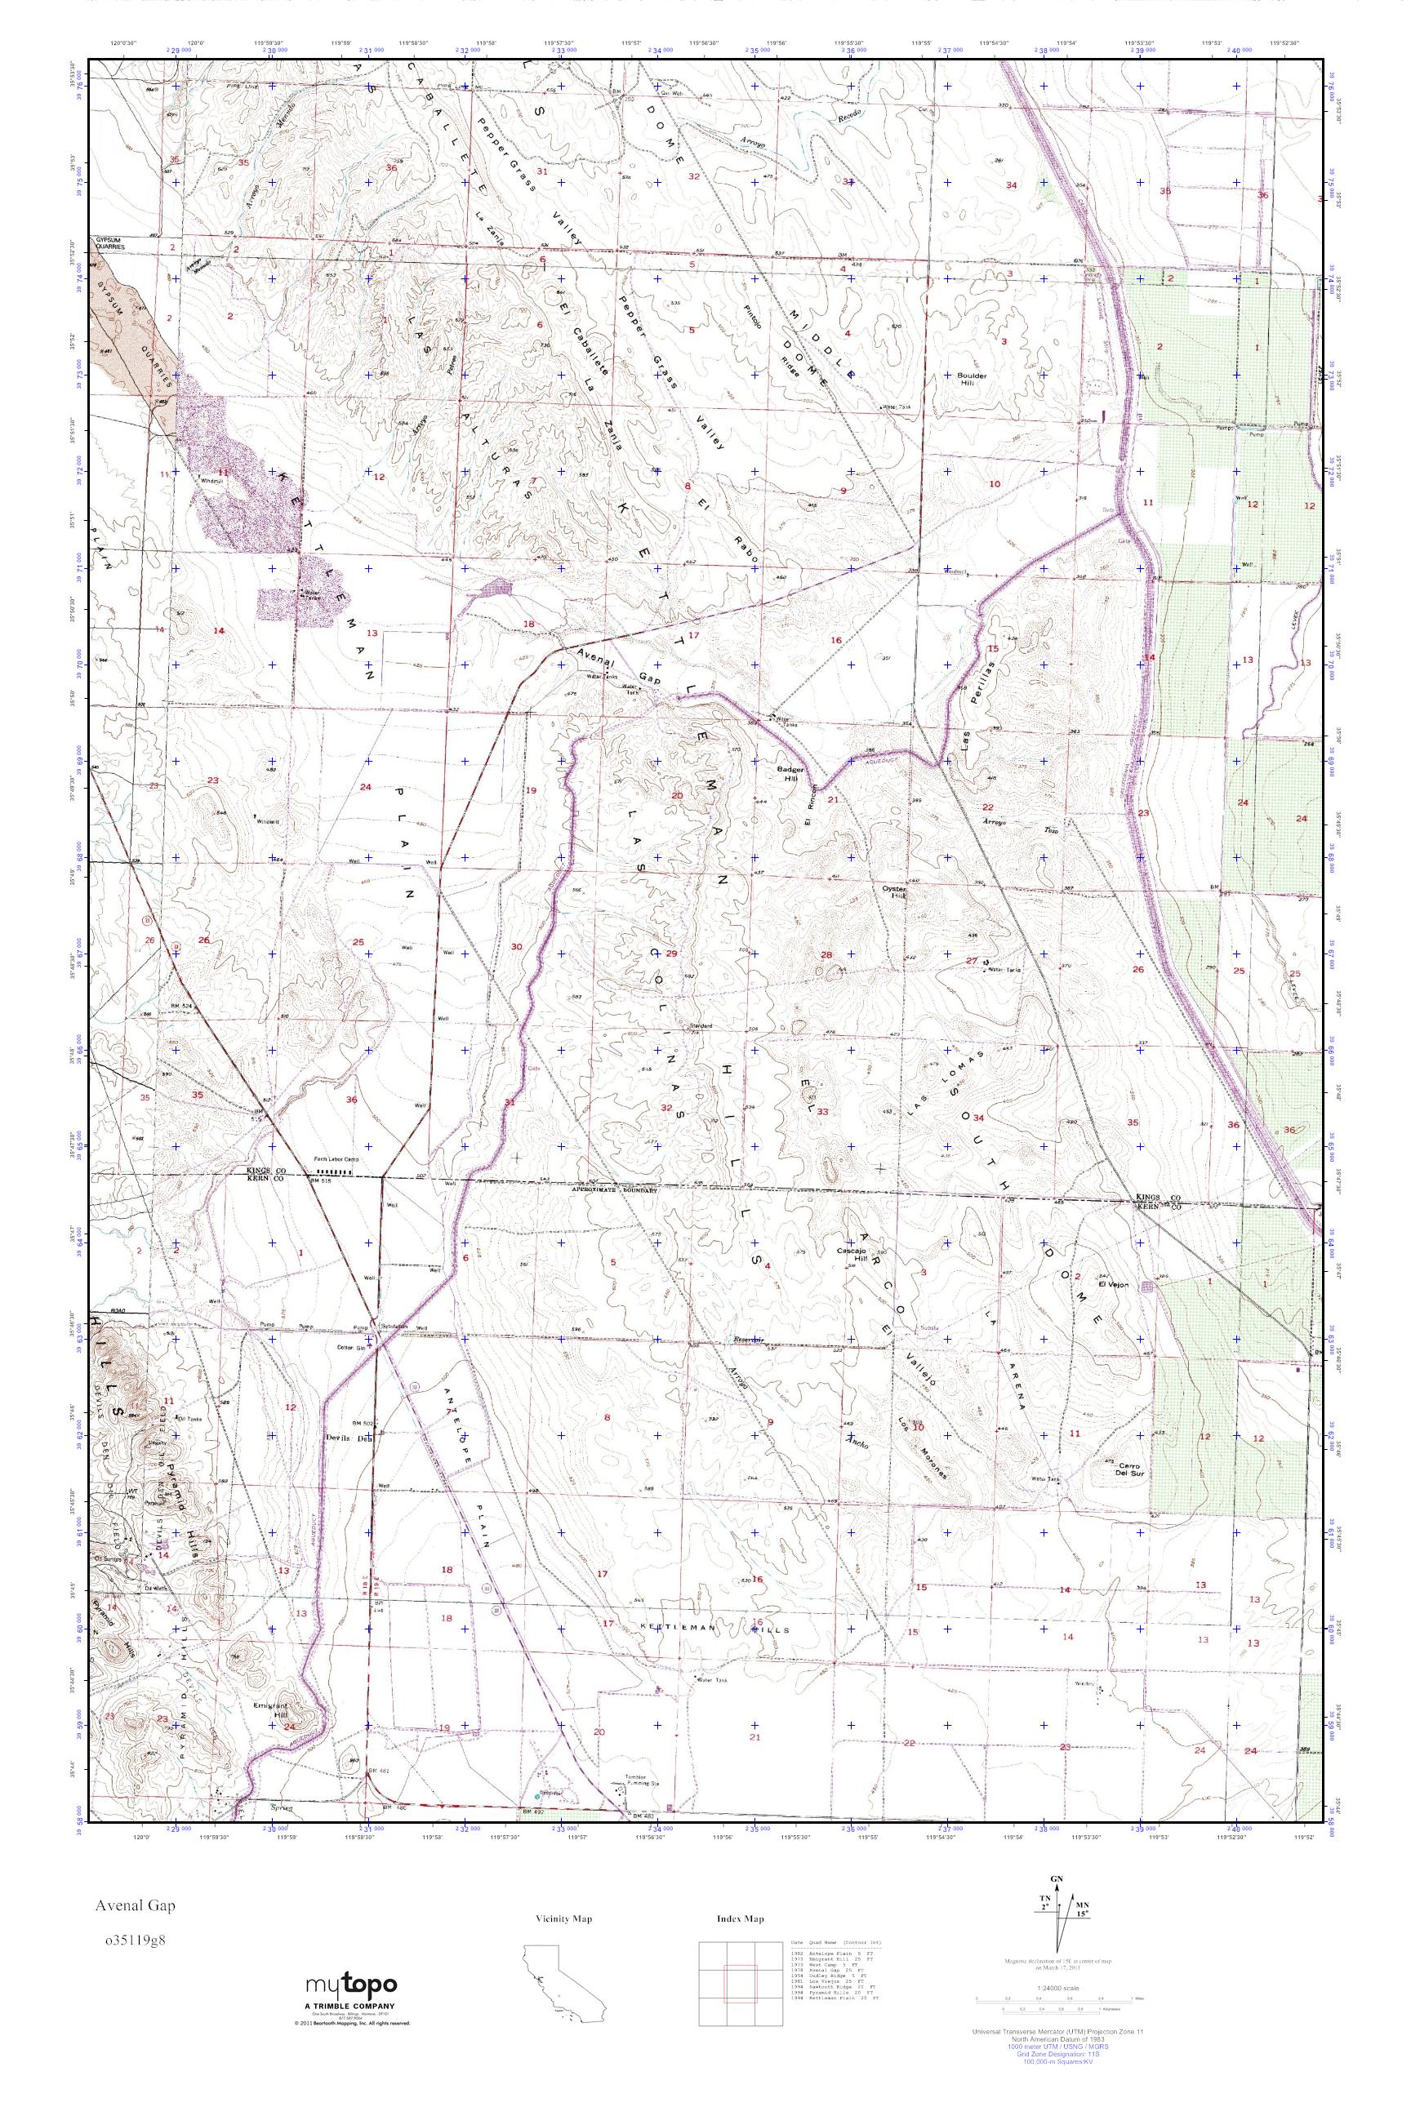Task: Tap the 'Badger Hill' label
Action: (x=788, y=774)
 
